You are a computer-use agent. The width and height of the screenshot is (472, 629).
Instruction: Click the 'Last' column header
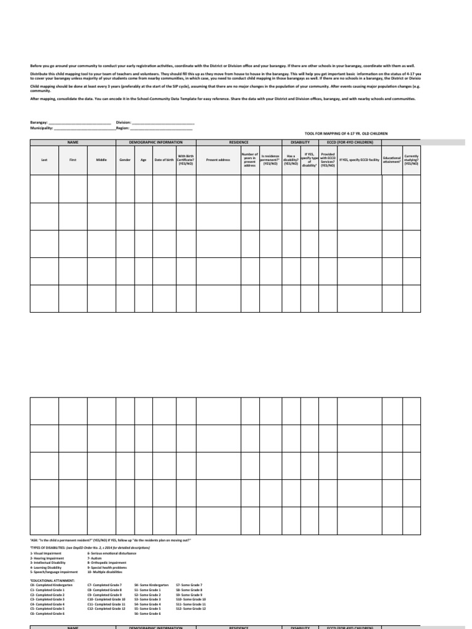44,160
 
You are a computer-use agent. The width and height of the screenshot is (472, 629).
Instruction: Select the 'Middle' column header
101,160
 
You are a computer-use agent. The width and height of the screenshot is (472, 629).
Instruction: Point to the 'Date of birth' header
164,160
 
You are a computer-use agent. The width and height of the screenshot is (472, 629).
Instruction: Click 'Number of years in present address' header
250,160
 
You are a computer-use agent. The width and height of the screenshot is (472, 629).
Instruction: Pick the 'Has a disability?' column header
291,160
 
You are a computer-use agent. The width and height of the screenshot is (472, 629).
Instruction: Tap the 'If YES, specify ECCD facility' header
359,160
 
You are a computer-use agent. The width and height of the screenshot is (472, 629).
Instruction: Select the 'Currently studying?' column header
411,160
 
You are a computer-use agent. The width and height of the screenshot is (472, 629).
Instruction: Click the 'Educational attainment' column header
391,160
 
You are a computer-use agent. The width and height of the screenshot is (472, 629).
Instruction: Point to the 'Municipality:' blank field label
42,128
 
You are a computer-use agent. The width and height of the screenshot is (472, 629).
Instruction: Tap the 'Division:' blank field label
124,122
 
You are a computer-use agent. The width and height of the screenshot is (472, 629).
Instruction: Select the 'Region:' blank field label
123,128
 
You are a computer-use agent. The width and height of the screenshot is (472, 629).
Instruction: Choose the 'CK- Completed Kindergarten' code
51,585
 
